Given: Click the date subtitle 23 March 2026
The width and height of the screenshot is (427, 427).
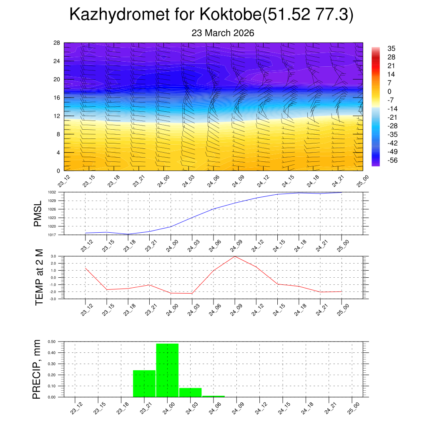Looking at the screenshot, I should [x=223, y=33].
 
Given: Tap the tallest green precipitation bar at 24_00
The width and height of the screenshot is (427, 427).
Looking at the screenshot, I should [x=167, y=370].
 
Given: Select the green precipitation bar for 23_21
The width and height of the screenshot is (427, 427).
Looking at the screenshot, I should [x=144, y=384].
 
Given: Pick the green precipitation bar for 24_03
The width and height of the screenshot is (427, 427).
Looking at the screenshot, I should [x=190, y=392].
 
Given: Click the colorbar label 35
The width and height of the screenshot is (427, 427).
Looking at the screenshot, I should [x=391, y=48].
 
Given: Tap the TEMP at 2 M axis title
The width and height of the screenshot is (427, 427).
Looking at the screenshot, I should [x=39, y=277].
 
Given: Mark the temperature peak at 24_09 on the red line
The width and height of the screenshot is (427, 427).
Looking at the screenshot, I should [x=235, y=256].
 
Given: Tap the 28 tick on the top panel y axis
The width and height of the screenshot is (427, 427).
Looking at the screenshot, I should [x=57, y=43].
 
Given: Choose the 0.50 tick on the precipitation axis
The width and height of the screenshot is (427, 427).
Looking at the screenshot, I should [x=52, y=342].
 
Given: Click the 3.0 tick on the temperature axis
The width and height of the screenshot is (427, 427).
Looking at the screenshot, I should [x=53, y=256].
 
